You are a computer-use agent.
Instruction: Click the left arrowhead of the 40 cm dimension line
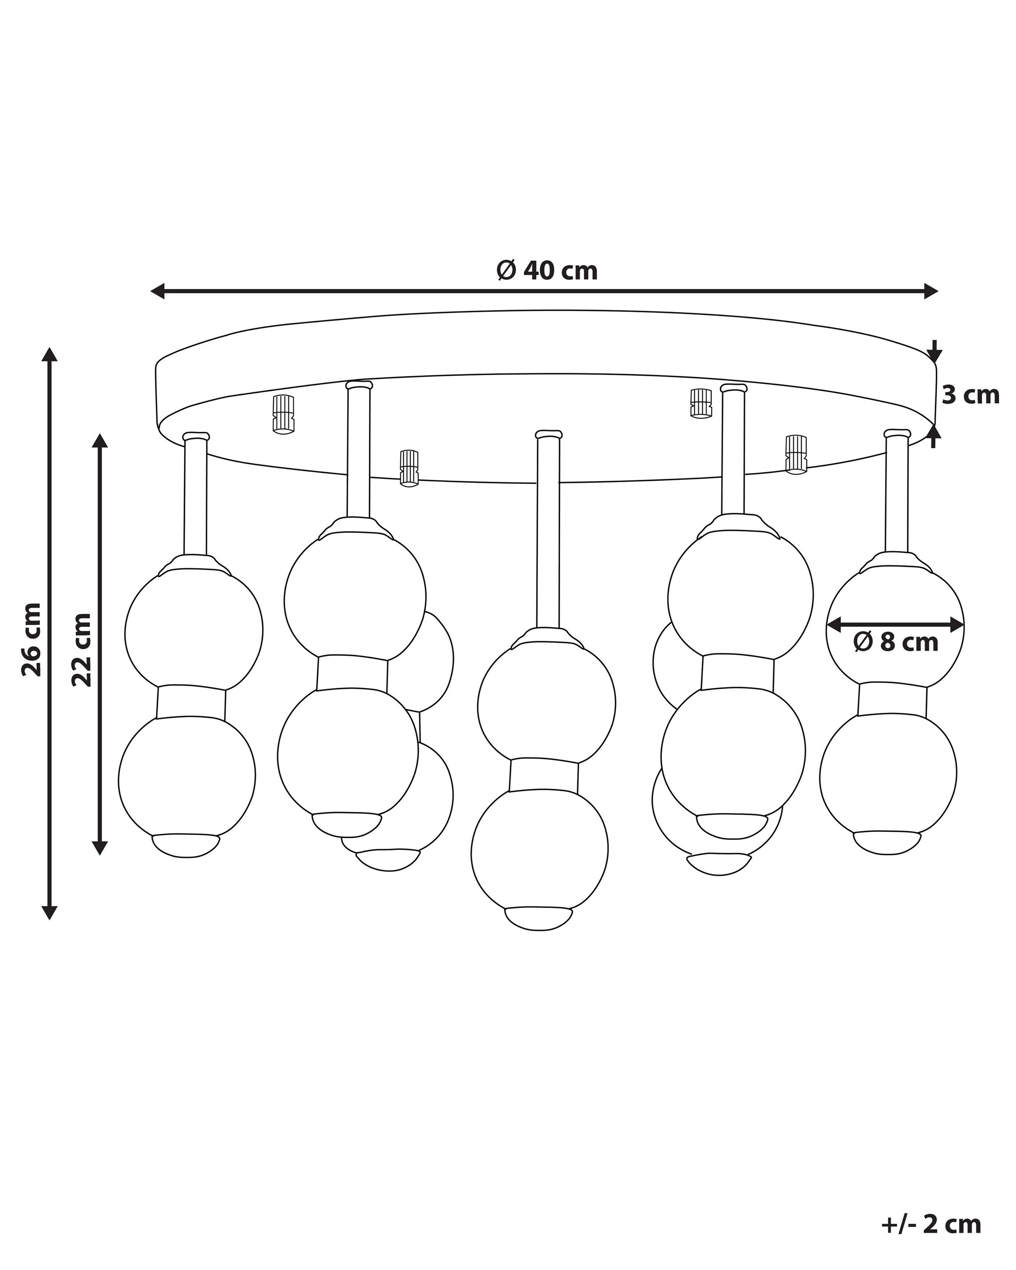tap(158, 291)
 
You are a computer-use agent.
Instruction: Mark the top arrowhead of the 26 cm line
tap(50, 354)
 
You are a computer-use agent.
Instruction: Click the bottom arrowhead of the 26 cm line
tap(50, 928)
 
